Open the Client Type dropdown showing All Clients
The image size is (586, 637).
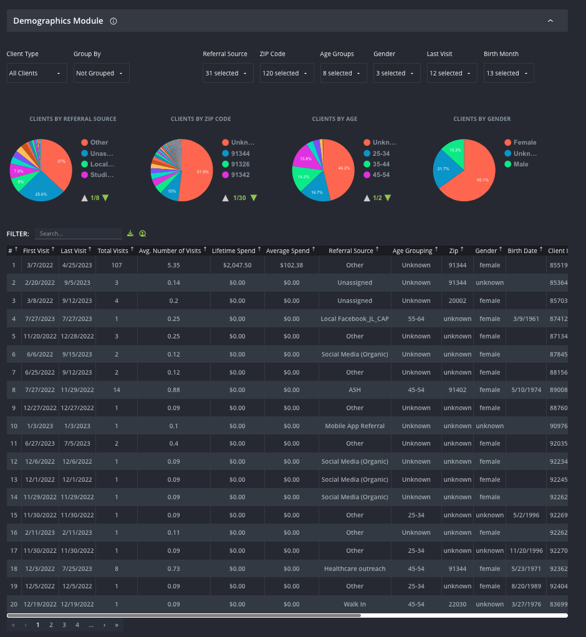tap(36, 73)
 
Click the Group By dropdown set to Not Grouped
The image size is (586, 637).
tap(101, 73)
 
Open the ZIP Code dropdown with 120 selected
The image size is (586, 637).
tap(286, 73)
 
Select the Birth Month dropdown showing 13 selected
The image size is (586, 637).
tap(508, 73)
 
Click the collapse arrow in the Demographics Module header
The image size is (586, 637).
tap(550, 21)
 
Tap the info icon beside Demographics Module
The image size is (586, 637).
tap(113, 21)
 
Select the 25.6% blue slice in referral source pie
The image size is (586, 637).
tap(41, 189)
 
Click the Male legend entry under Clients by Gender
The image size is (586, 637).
tap(520, 164)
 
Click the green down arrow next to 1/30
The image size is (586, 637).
tap(253, 198)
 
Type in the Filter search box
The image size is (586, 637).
tap(78, 234)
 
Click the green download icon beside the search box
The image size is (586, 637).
tap(130, 234)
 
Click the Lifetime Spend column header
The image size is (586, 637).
tap(234, 251)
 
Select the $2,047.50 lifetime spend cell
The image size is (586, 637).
tap(237, 265)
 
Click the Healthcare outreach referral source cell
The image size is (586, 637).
tap(355, 568)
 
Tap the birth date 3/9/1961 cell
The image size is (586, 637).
tap(522, 318)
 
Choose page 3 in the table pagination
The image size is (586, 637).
tap(64, 625)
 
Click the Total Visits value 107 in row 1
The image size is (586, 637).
tap(113, 265)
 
